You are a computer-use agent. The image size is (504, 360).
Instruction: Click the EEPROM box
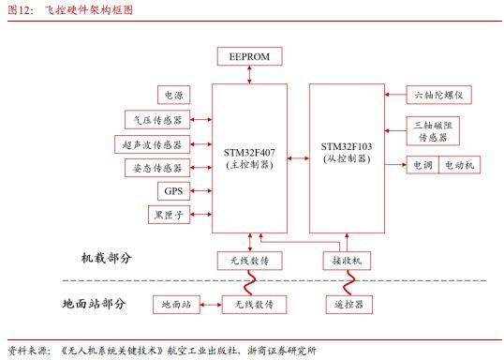coord(249,57)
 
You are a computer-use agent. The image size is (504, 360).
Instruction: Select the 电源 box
coord(173,95)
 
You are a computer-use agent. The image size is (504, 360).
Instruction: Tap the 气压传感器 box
coord(156,119)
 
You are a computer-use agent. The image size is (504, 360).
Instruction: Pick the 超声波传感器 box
coord(152,143)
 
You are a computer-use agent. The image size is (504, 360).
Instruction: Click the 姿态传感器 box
coord(156,168)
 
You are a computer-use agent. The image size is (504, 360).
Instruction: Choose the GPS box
coord(173,191)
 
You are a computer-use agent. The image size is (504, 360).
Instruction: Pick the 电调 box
coord(418,165)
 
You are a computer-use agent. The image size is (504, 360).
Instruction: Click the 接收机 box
coord(346,260)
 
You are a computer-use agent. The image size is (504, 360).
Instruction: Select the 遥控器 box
coord(346,304)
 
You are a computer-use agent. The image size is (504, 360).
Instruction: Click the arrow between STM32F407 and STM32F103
coord(298,159)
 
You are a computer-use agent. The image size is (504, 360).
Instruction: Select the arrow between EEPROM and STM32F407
coord(249,74)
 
